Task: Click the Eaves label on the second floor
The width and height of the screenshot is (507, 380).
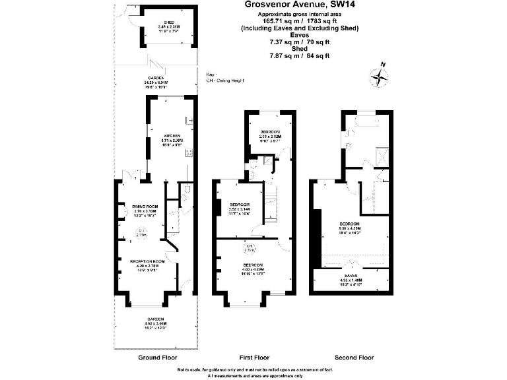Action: pos(351,276)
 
